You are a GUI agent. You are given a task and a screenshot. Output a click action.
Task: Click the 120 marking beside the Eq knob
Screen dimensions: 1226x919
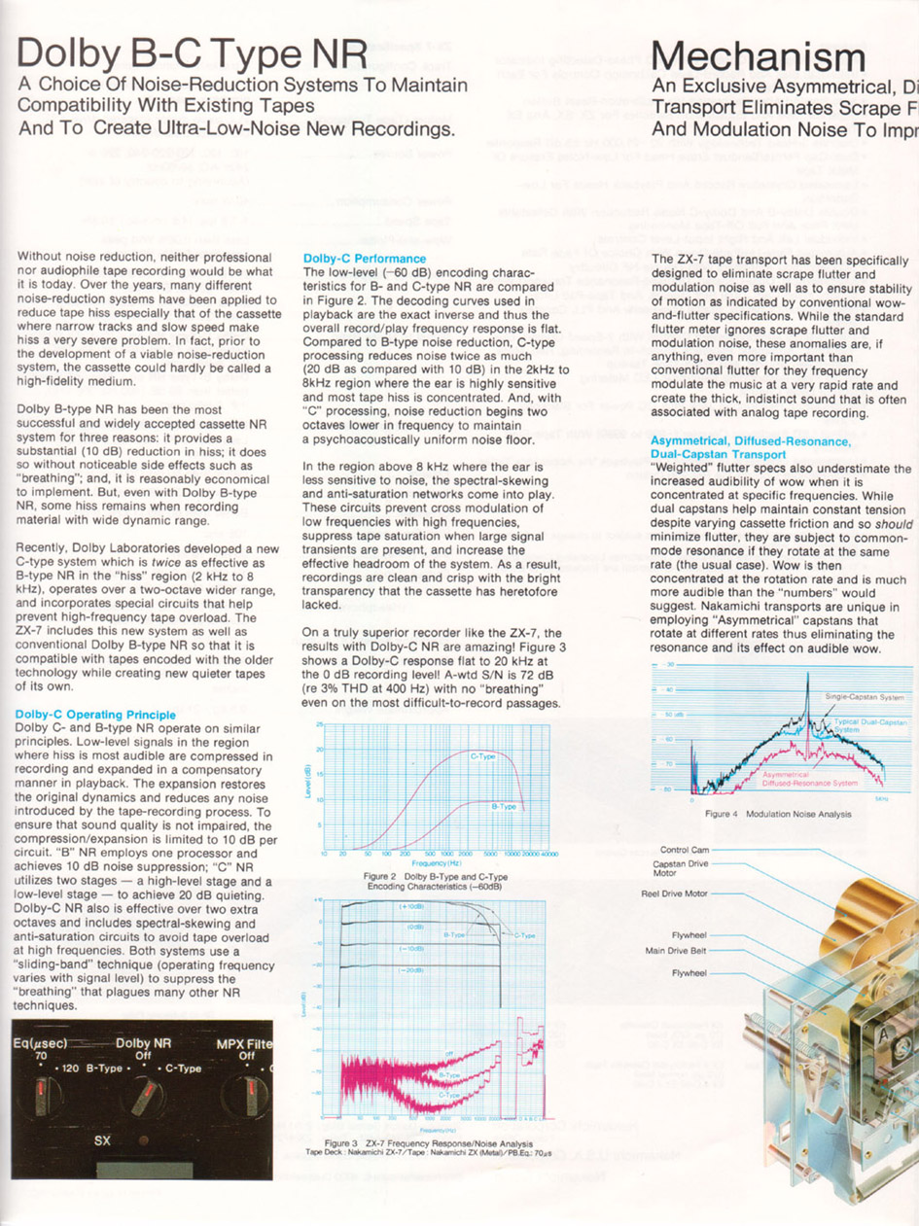(x=71, y=1068)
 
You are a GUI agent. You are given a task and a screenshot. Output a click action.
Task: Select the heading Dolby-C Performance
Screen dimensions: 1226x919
(x=365, y=259)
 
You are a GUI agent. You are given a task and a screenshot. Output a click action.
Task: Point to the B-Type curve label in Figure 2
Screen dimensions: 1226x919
(x=504, y=805)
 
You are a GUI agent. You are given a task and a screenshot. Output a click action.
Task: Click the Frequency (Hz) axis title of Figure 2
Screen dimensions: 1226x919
(x=431, y=861)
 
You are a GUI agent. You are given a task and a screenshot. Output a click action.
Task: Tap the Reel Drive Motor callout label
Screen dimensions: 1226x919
(x=674, y=893)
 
